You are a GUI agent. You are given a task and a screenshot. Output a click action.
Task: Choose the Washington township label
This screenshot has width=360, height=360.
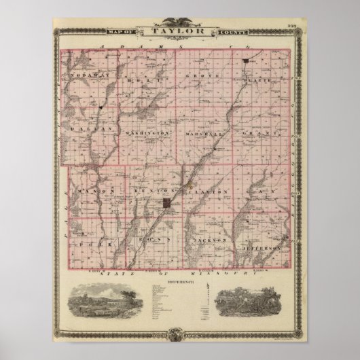pyautogui.click(x=146, y=132)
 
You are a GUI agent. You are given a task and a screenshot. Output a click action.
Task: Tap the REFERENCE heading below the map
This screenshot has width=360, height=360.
pyautogui.click(x=179, y=278)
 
